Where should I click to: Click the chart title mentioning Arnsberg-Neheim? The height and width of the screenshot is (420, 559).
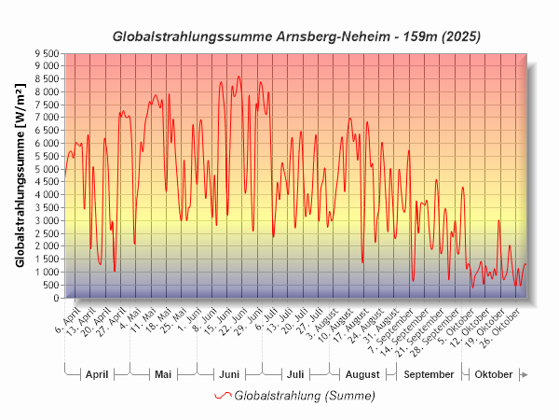tap(297, 37)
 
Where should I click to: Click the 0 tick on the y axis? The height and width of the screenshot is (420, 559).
tap(55, 298)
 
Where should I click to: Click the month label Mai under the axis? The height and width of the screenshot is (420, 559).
tap(163, 375)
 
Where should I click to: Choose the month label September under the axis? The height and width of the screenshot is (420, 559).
tap(430, 375)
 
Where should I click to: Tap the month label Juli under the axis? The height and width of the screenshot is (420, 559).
tap(295, 375)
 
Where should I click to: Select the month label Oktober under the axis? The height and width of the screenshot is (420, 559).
tap(493, 375)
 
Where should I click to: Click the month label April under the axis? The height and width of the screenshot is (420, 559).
tap(97, 375)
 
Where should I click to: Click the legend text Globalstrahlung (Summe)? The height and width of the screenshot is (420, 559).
tap(305, 396)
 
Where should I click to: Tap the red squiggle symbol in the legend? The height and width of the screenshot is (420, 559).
tap(222, 396)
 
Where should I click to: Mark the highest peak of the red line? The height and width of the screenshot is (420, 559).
tap(239, 77)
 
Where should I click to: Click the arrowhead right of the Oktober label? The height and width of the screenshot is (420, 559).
tap(525, 375)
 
